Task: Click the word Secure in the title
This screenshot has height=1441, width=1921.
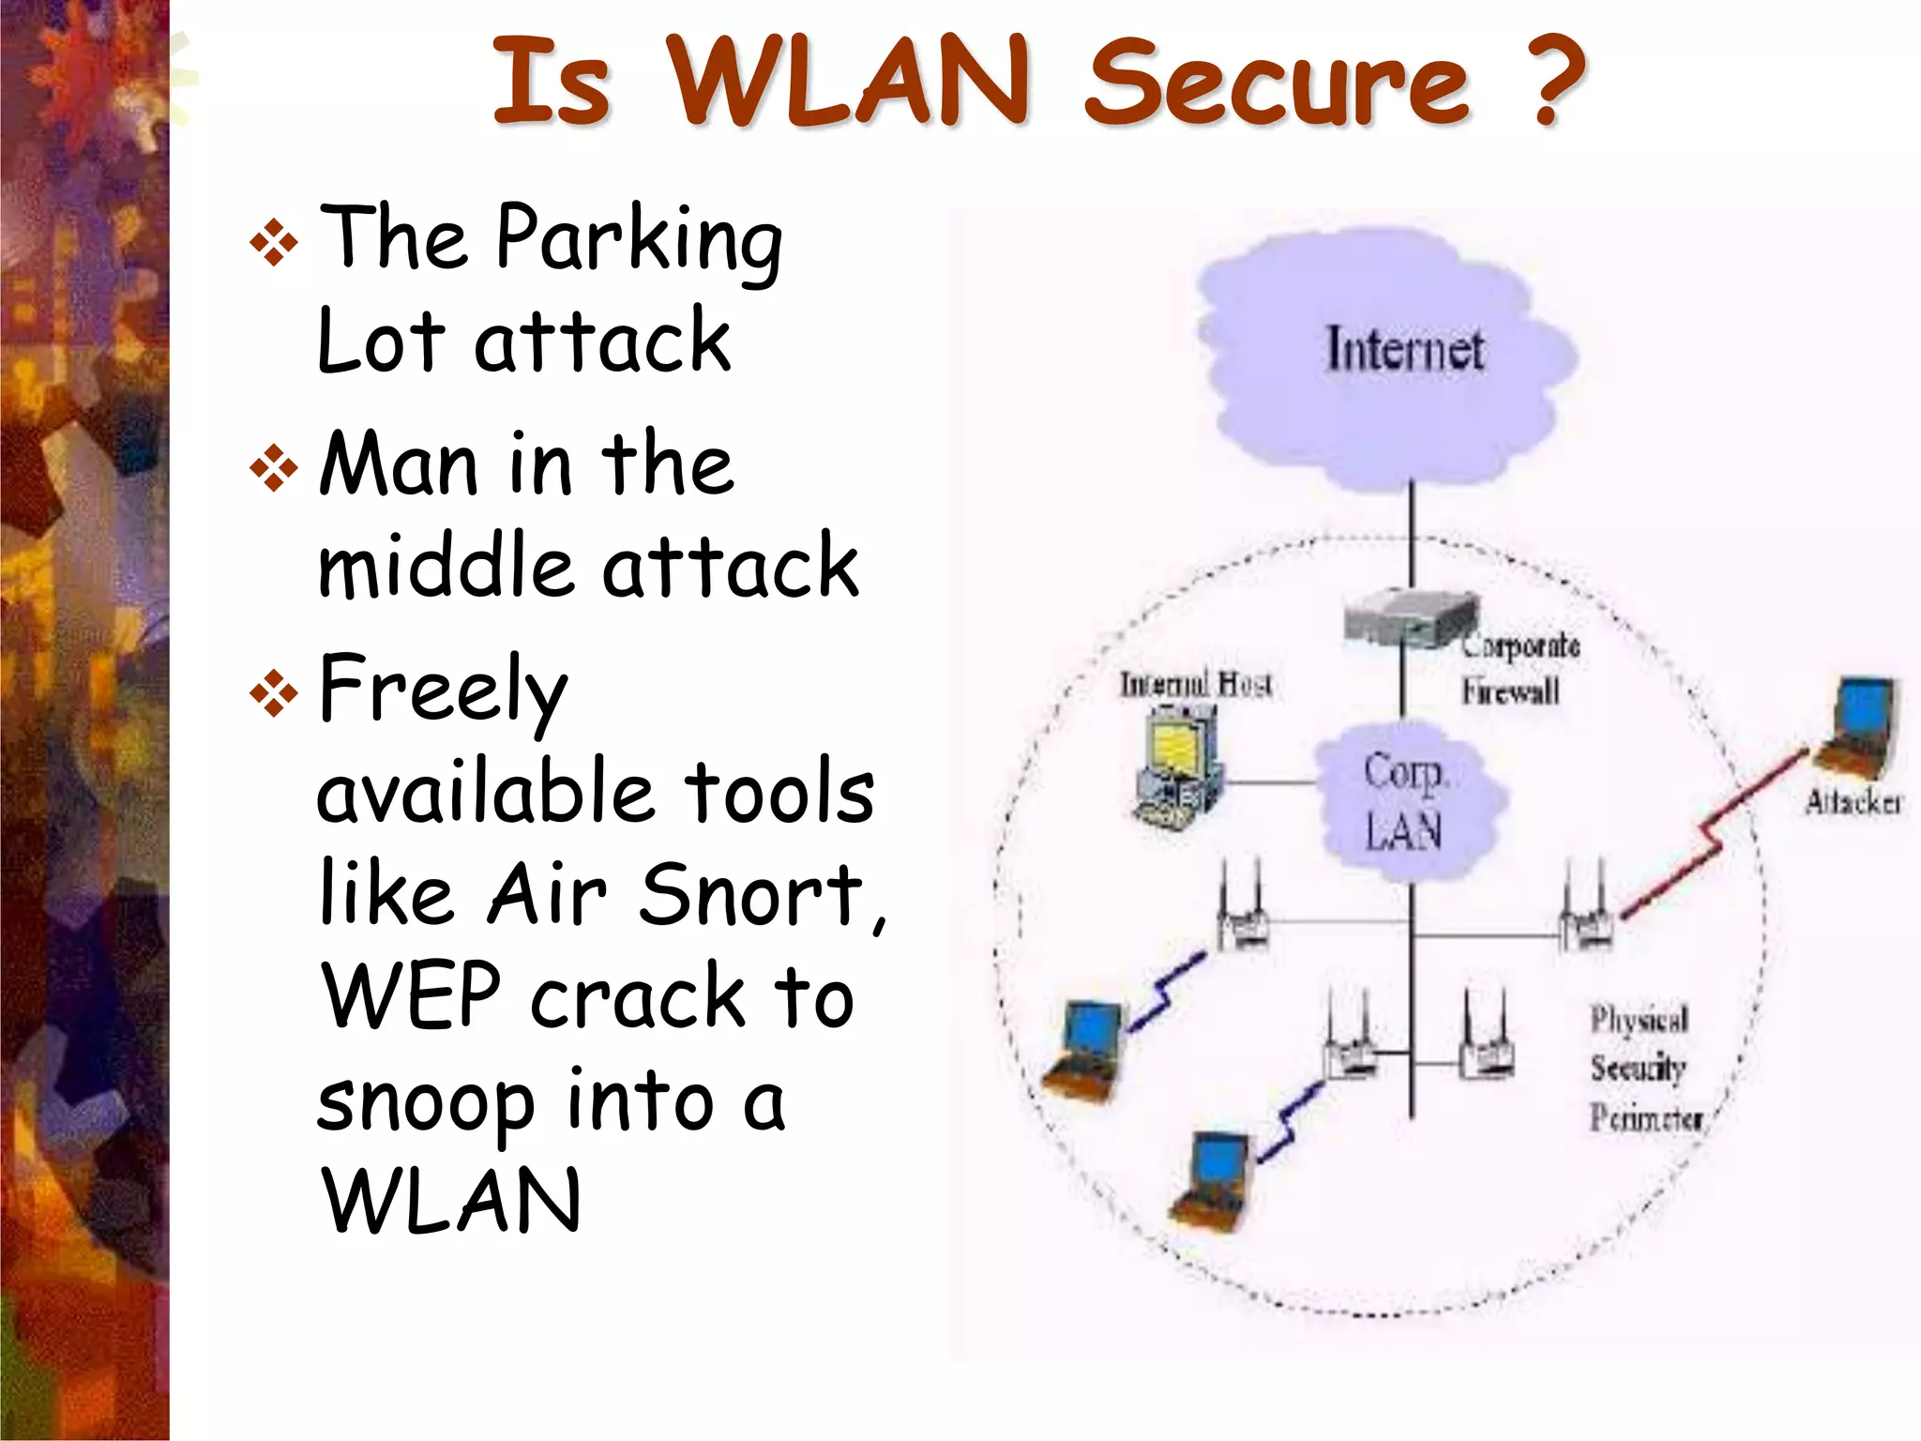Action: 1277,84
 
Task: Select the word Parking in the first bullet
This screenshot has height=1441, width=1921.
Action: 639,239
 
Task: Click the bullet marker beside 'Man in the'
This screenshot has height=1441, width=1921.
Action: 274,467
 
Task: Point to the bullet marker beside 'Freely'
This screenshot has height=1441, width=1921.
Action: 274,693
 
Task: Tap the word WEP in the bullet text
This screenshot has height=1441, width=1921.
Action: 413,996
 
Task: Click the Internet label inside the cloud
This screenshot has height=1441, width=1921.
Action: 1404,350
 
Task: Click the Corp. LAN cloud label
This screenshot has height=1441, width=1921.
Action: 1404,802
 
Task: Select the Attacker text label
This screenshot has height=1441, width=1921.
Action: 1853,803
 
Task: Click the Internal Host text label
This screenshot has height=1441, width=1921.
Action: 1196,685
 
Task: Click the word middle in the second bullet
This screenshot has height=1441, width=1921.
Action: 445,568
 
